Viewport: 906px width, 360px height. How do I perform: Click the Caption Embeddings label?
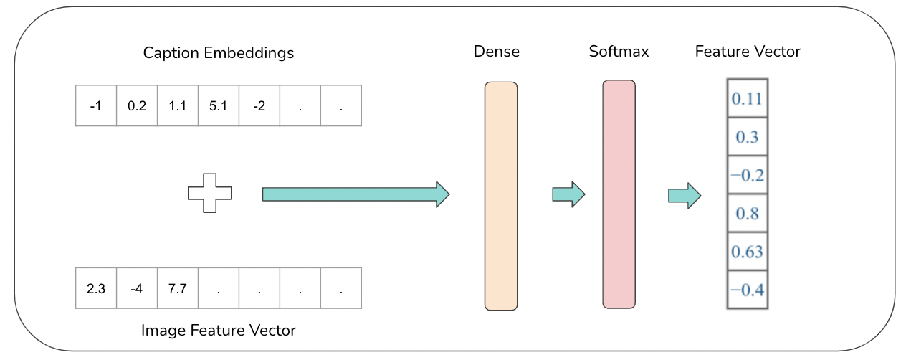click(x=219, y=53)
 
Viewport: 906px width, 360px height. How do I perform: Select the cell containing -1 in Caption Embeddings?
click(x=95, y=106)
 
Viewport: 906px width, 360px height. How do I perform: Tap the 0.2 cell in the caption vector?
click(x=136, y=106)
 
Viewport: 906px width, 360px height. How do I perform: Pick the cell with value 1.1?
click(x=177, y=106)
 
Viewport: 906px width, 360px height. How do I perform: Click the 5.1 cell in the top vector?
click(x=218, y=106)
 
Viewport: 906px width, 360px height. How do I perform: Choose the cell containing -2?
click(x=259, y=106)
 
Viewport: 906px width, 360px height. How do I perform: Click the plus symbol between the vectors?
click(x=210, y=193)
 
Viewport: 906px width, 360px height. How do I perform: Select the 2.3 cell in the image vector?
click(x=95, y=288)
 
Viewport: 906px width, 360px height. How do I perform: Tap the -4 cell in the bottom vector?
click(x=136, y=288)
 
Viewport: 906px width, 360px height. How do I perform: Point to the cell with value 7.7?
click(x=177, y=288)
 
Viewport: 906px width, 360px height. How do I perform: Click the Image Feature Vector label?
click(x=219, y=331)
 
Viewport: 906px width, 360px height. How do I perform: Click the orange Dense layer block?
click(x=500, y=196)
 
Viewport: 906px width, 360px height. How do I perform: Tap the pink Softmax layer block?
click(x=619, y=194)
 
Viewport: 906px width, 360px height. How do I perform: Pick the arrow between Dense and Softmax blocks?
click(x=568, y=194)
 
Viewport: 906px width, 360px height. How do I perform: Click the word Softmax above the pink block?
click(x=619, y=52)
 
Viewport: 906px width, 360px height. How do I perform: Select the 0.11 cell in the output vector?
click(x=747, y=98)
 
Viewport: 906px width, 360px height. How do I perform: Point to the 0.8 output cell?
click(x=747, y=213)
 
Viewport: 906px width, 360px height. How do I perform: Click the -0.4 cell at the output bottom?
click(x=747, y=290)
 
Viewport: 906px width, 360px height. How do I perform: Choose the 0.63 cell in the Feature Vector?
click(x=747, y=252)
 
